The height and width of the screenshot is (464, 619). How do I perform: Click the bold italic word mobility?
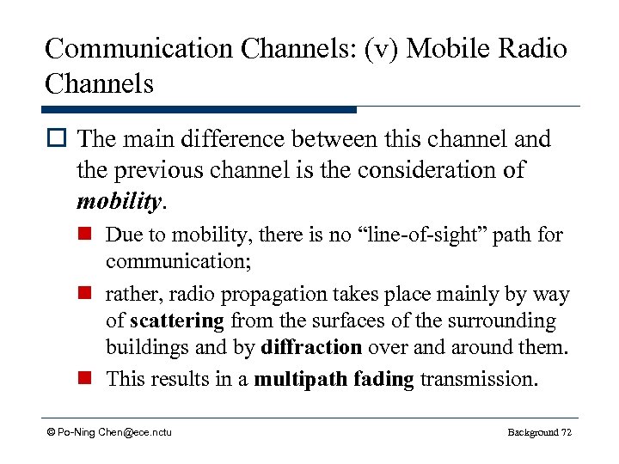pos(118,201)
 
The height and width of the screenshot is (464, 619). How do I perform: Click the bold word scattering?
pos(178,321)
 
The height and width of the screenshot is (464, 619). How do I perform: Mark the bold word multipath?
pos(297,379)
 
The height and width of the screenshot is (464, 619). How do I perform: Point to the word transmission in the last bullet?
pos(478,379)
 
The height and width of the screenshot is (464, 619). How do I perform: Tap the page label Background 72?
pos(539,431)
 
